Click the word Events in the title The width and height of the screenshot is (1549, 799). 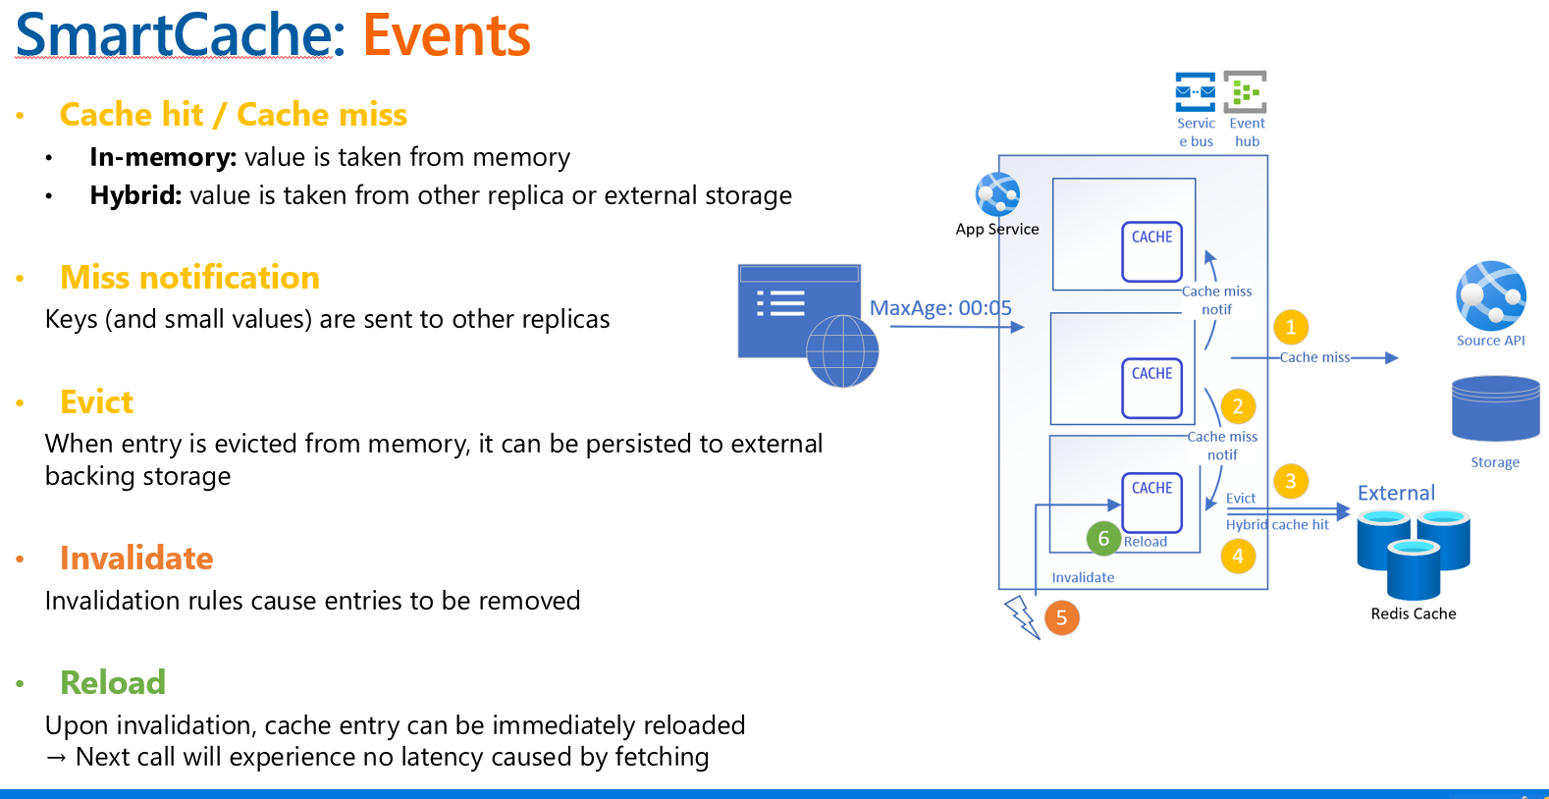pyautogui.click(x=447, y=35)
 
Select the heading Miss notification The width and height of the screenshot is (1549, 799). pyautogui.click(x=189, y=278)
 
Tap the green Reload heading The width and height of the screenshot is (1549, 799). pyautogui.click(x=113, y=682)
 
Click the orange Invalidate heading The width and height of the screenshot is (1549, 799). pyautogui.click(x=136, y=558)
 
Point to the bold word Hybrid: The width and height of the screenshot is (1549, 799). pyautogui.click(x=135, y=195)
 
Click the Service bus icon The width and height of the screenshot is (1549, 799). pyautogui.click(x=1196, y=91)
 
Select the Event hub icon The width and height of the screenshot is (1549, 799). pyautogui.click(x=1246, y=91)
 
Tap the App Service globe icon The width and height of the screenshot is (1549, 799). pyautogui.click(x=997, y=194)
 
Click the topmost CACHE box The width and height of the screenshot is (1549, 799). pyautogui.click(x=1151, y=251)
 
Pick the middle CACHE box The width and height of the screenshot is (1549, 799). pyautogui.click(x=1151, y=387)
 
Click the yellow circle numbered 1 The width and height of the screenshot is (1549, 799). pyautogui.click(x=1291, y=327)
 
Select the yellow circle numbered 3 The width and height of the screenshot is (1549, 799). pyautogui.click(x=1291, y=481)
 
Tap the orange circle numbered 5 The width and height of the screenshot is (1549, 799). pyautogui.click(x=1061, y=618)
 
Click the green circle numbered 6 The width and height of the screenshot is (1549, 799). pyautogui.click(x=1103, y=538)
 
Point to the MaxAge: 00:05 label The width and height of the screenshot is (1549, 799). pyautogui.click(x=940, y=308)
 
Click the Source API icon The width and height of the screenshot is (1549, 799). pyautogui.click(x=1491, y=295)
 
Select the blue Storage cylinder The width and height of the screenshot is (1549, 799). pyautogui.click(x=1495, y=408)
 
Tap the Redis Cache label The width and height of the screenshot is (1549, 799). pyautogui.click(x=1413, y=613)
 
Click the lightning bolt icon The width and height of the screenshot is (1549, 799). pyautogui.click(x=1022, y=617)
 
